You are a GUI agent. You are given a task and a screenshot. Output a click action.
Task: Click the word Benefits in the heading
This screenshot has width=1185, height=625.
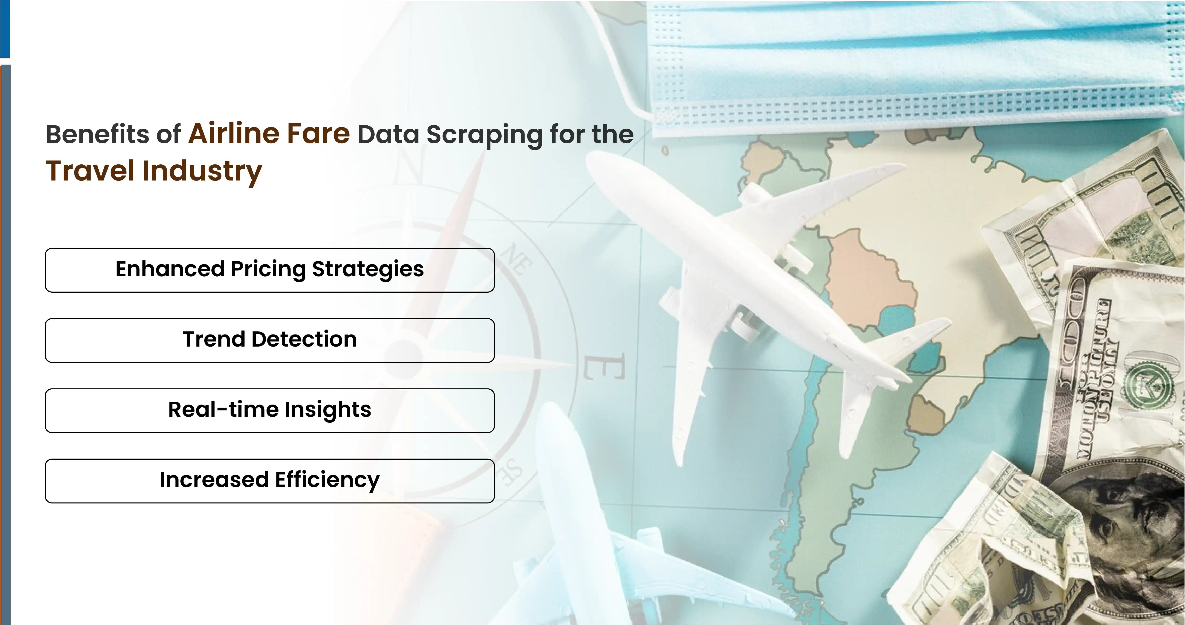97,134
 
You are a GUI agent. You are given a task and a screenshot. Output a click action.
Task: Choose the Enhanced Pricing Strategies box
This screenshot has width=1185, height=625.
270,270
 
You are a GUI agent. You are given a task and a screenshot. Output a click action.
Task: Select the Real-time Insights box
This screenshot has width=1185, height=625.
270,410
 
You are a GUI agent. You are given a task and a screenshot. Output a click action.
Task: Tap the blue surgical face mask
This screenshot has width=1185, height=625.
911,60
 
